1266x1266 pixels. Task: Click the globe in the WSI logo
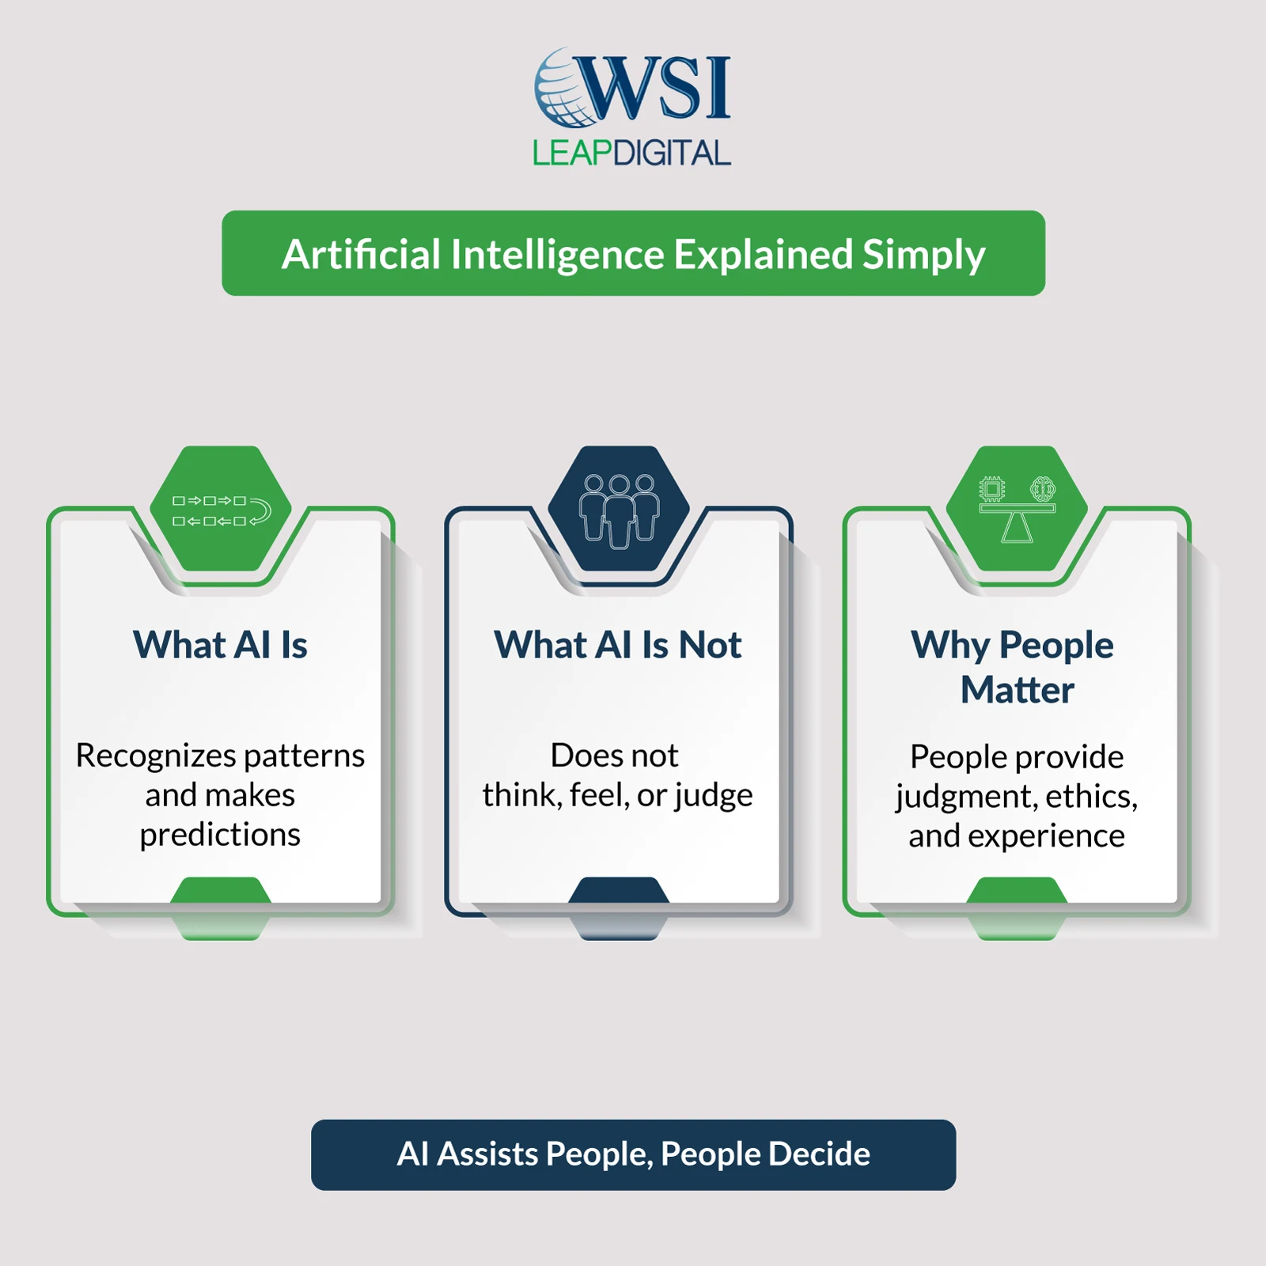click(x=563, y=89)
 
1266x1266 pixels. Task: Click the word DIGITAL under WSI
click(x=672, y=153)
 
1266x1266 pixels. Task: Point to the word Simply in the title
click(x=923, y=255)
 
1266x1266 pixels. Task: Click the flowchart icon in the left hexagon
click(x=221, y=511)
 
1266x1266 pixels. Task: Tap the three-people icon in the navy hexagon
click(x=619, y=510)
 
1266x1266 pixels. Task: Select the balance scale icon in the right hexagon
click(x=1017, y=510)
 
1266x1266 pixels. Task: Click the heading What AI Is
click(x=220, y=645)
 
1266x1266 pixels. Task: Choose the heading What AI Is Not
click(x=618, y=645)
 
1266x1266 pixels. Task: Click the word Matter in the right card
click(x=1017, y=690)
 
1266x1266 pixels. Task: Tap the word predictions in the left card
click(x=220, y=835)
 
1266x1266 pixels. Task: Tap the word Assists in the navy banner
click(x=487, y=1154)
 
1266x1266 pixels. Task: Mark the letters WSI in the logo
click(x=657, y=87)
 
